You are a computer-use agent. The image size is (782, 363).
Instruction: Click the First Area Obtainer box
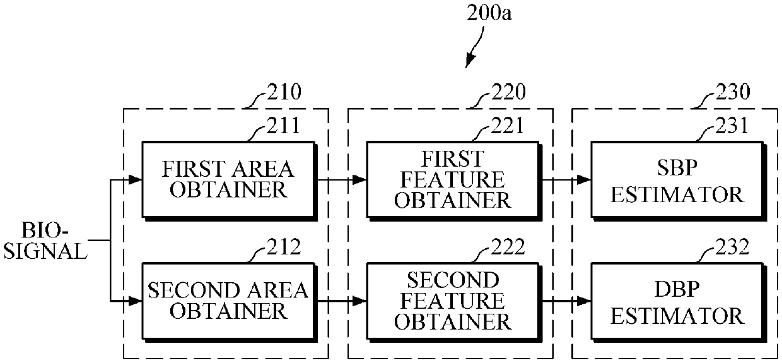[x=228, y=179]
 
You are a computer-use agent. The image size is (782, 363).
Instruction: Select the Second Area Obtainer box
[x=228, y=300]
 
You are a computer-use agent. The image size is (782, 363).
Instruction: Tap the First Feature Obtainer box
[x=452, y=179]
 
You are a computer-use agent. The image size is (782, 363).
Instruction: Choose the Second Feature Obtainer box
[x=452, y=300]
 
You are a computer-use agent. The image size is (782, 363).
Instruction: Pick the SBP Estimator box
[x=677, y=179]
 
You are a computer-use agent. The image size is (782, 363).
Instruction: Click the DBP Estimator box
[x=677, y=300]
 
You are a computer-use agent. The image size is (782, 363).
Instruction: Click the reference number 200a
[x=489, y=13]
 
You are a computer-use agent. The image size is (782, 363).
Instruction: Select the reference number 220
[x=506, y=93]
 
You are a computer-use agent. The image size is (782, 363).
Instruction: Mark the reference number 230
[x=732, y=93]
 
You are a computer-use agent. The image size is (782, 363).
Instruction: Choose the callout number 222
[x=506, y=247]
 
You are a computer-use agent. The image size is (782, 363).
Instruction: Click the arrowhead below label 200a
[x=469, y=62]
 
